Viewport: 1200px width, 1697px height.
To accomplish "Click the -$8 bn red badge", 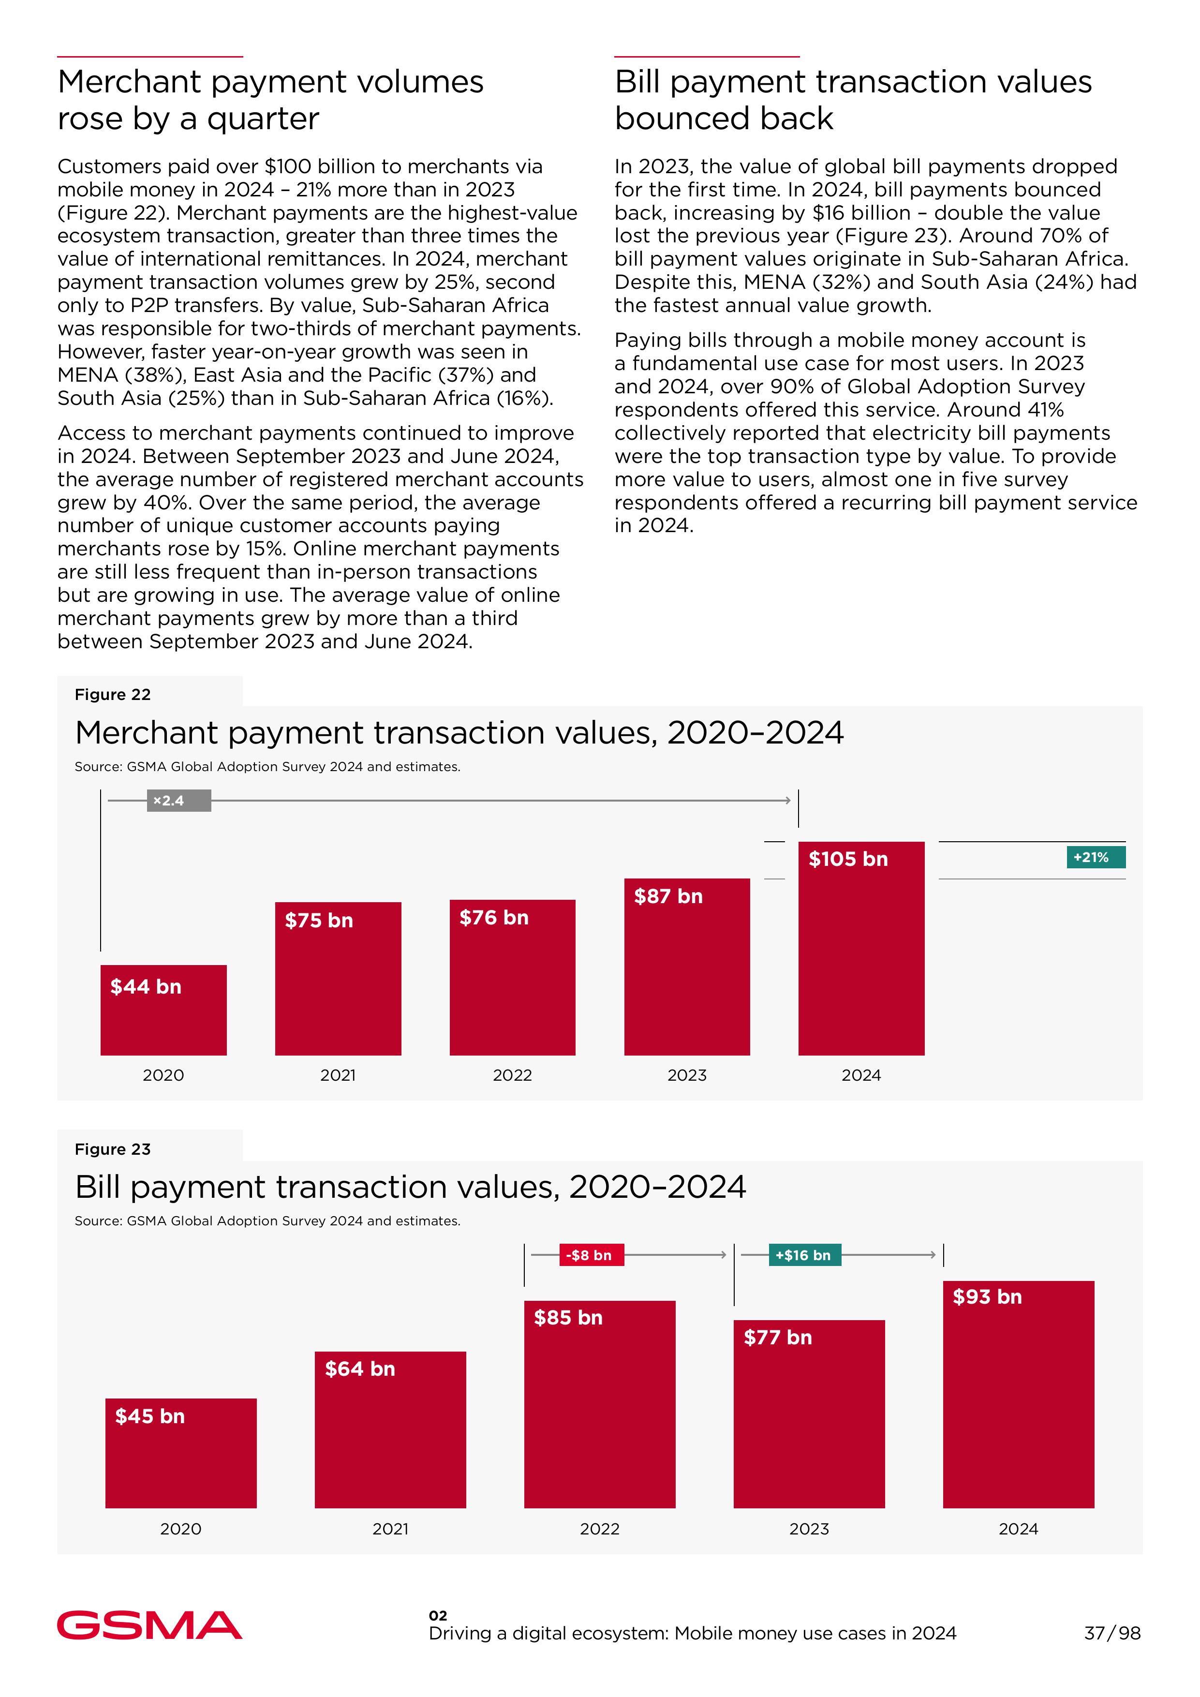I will pyautogui.click(x=591, y=1255).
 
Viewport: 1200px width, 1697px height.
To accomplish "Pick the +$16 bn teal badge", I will pyautogui.click(x=803, y=1255).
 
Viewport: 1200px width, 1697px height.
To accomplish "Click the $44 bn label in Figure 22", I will pyautogui.click(x=146, y=987).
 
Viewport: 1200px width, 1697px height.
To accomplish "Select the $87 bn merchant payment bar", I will pyautogui.click(x=686, y=976).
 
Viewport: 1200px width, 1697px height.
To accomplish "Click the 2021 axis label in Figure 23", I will pyautogui.click(x=390, y=1529).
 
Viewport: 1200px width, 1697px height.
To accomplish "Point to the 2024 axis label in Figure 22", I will pyautogui.click(x=861, y=1075).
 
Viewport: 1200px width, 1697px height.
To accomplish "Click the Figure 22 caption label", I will pyautogui.click(x=112, y=695).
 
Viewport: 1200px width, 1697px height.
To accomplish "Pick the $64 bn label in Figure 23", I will pyautogui.click(x=360, y=1369).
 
